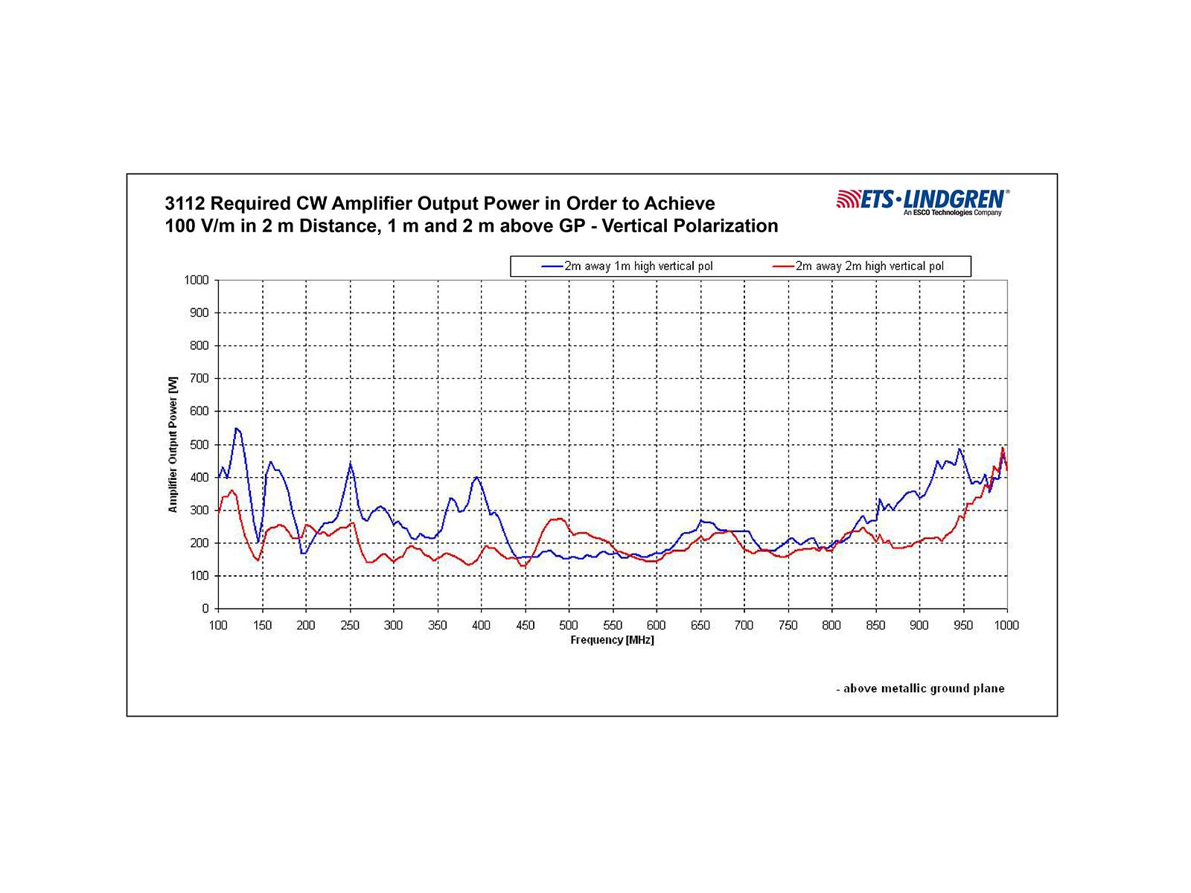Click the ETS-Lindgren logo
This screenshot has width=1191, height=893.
pyautogui.click(x=923, y=200)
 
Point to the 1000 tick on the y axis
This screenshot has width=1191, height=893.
pyautogui.click(x=197, y=281)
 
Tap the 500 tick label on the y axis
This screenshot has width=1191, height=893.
pyautogui.click(x=200, y=444)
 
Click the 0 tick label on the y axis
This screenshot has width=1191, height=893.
pyautogui.click(x=205, y=609)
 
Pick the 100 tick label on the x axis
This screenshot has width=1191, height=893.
pyautogui.click(x=218, y=625)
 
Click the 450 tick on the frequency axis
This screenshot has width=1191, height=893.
pyautogui.click(x=525, y=625)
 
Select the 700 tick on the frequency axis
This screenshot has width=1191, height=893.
pyautogui.click(x=744, y=625)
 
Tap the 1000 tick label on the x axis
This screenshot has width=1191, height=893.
pyautogui.click(x=1006, y=625)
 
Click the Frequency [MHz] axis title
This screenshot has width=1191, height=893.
pyautogui.click(x=612, y=640)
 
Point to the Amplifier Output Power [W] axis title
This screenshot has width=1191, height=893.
pyautogui.click(x=173, y=444)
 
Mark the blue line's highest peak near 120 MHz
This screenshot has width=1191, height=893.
pyautogui.click(x=236, y=428)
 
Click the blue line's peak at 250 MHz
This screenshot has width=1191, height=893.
pyautogui.click(x=350, y=464)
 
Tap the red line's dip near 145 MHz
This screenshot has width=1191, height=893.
pyautogui.click(x=258, y=560)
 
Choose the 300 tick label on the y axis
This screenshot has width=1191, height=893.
pyautogui.click(x=200, y=510)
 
